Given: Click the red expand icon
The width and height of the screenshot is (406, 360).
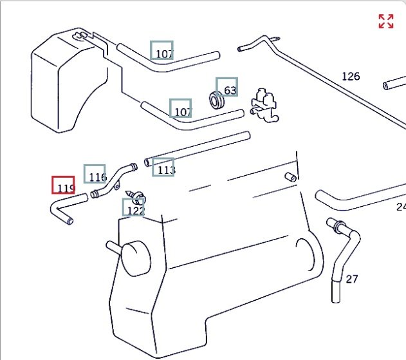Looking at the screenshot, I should point(386,21).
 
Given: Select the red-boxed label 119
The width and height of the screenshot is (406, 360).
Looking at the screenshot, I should point(64,185).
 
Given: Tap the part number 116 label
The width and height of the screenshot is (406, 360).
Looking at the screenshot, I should point(95,175).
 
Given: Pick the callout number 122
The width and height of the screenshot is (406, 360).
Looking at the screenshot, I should point(134,208).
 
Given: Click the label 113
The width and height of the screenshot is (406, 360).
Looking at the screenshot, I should point(164,167).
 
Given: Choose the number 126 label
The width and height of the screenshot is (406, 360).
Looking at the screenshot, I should point(351,77).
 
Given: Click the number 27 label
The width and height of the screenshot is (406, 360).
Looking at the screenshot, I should point(352,279).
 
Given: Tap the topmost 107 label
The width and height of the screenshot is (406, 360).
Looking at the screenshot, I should point(162,52).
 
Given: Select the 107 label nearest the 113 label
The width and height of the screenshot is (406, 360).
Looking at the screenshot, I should point(181,109).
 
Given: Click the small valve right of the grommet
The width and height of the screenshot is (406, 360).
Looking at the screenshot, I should point(265,103).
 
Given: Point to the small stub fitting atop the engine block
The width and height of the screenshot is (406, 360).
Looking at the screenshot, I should point(291,177).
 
